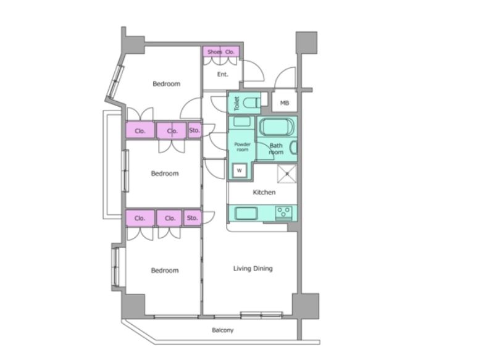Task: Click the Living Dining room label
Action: click(253, 269)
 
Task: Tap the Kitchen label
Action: click(264, 192)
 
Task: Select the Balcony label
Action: click(222, 330)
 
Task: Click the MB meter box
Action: click(285, 103)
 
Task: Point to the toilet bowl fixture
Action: click(251, 103)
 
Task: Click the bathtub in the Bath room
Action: click(276, 127)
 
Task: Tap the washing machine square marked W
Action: click(240, 170)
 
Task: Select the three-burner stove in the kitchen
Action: click(283, 213)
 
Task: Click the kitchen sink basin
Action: click(246, 213)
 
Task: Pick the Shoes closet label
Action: click(214, 52)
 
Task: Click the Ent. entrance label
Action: click(223, 74)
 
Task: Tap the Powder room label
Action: click(243, 147)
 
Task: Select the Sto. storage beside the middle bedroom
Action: click(195, 130)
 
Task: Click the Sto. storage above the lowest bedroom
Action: click(193, 218)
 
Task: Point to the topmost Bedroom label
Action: click(167, 84)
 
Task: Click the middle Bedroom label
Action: click(165, 174)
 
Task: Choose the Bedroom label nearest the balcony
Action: click(165, 270)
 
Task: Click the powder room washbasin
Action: click(241, 122)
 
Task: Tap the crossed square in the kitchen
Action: click(287, 174)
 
